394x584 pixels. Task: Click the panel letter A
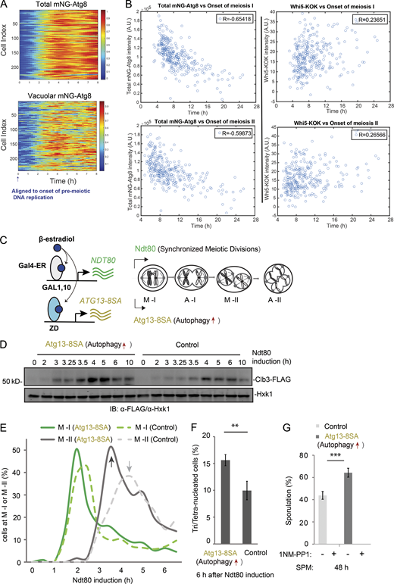coord(5,6)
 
